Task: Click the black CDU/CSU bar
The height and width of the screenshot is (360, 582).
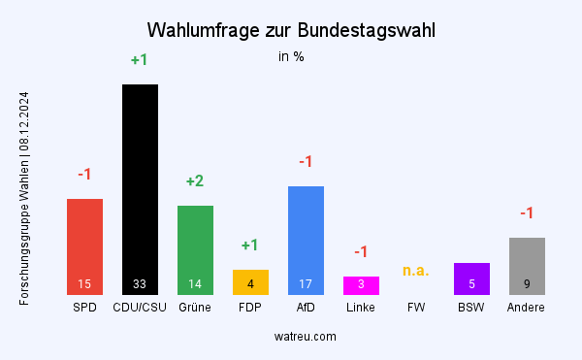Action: pos(140,184)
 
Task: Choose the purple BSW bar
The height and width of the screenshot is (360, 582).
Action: pos(471,278)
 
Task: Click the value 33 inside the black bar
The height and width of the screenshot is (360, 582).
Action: pos(140,284)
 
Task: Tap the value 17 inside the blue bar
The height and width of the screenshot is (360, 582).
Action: pos(306,284)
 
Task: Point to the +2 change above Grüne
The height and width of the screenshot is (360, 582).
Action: pos(195,181)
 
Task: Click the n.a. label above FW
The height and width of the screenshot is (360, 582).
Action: pos(416,271)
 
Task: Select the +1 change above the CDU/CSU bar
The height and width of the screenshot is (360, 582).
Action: pos(140,60)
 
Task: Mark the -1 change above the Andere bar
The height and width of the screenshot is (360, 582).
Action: pos(527,213)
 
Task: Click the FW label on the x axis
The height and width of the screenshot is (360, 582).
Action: pos(416,308)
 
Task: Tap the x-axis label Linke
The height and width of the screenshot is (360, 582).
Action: pos(361,308)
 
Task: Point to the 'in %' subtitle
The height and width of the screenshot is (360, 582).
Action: pos(291,56)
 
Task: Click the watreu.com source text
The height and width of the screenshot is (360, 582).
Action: pos(306,336)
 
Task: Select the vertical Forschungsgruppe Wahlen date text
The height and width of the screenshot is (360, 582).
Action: pos(23,199)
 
